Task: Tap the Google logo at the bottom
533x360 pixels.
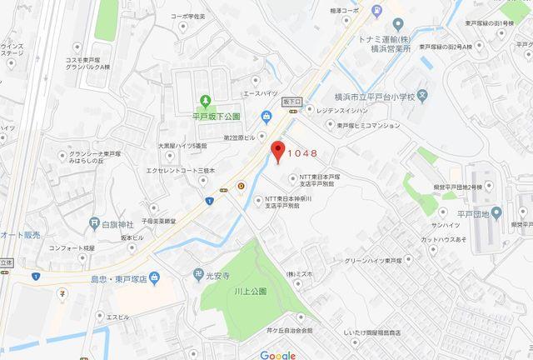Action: point(277,353)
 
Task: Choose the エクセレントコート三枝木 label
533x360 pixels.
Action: point(181,170)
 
